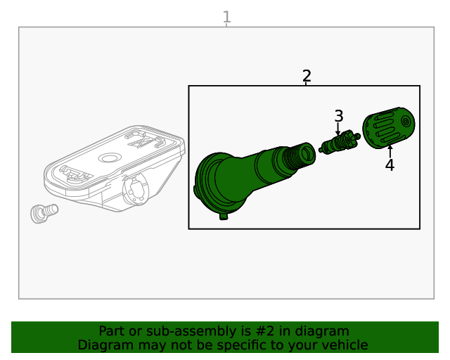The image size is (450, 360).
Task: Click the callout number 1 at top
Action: click(226, 17)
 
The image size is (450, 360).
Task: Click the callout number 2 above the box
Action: click(307, 76)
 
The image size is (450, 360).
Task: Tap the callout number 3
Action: click(339, 116)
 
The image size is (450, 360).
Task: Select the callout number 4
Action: click(390, 165)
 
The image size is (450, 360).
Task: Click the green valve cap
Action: click(389, 128)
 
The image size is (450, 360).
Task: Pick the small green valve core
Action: click(340, 143)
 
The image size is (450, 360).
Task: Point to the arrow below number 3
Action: click(338, 129)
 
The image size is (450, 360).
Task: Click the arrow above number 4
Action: click(390, 151)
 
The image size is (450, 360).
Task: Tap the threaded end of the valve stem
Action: click(298, 157)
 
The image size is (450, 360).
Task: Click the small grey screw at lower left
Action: click(44, 213)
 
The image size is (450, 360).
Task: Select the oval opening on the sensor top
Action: click(110, 157)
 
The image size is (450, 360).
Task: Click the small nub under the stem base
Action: click(224, 217)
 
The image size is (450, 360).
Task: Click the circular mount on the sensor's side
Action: click(136, 189)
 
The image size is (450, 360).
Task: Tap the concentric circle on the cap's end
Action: click(406, 122)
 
